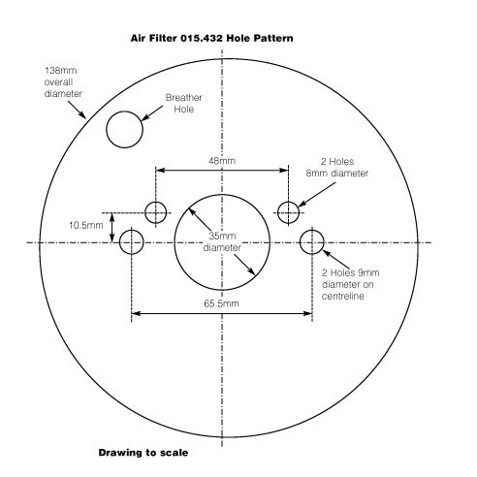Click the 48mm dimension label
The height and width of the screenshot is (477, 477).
(222, 161)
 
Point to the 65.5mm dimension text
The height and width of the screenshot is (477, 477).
(221, 303)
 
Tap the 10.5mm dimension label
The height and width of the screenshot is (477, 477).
(86, 225)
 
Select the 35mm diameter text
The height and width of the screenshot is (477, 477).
(222, 241)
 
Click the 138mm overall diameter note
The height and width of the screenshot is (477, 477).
(63, 82)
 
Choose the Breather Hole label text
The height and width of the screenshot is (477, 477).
(184, 104)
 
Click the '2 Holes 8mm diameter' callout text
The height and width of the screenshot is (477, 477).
(337, 168)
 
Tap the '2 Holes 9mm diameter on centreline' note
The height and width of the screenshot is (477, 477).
(350, 284)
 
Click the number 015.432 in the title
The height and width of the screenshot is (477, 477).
(202, 38)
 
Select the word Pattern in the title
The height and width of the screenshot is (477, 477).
(273, 38)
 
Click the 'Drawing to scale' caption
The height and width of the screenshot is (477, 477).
(143, 453)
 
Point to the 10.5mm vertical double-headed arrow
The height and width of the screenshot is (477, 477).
(112, 228)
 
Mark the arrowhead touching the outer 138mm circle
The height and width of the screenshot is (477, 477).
(83, 115)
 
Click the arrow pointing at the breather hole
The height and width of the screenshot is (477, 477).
(152, 113)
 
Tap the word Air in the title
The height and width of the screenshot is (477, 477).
(138, 38)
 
